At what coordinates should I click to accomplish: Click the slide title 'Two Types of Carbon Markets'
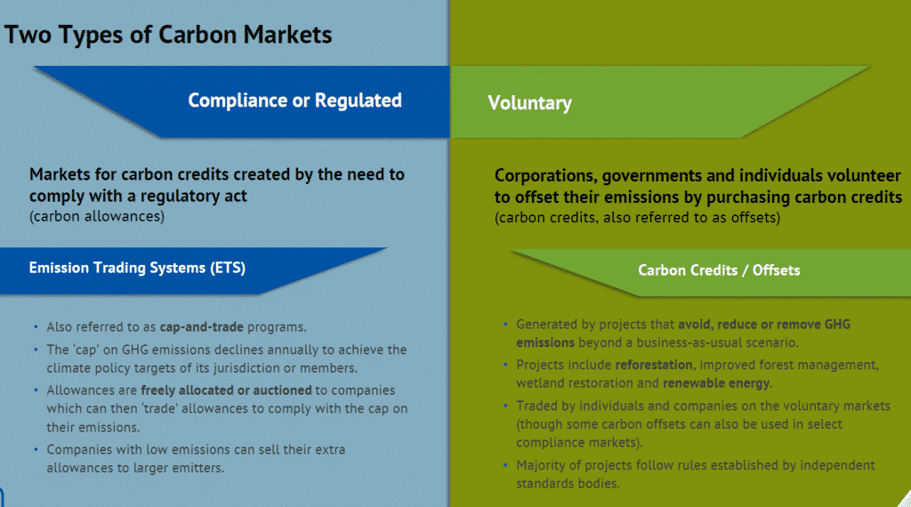(168, 35)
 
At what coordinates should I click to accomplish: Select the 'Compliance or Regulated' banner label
(294, 101)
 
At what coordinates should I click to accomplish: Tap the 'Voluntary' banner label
(529, 103)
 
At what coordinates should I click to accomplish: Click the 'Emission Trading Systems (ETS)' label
(137, 267)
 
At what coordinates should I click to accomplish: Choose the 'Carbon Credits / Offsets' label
(718, 270)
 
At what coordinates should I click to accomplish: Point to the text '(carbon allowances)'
(97, 215)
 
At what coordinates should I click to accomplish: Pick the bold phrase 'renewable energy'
(717, 382)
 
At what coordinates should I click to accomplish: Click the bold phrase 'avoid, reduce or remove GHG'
(763, 324)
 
